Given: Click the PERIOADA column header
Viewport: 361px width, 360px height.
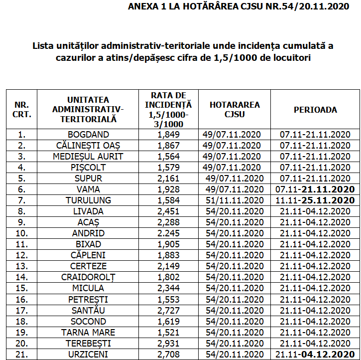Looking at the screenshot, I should pos(315,110).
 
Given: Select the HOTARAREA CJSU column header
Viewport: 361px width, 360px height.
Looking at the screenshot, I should pos(235,110).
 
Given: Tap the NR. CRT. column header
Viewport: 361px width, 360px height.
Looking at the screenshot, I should pos(21,110).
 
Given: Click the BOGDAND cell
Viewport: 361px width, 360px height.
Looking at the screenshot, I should pos(88,135).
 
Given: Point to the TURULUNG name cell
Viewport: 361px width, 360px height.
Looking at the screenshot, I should pos(88,200).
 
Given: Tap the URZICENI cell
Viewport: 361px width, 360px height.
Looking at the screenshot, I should pos(88,355).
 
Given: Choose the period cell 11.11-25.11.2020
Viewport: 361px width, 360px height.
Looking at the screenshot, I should pos(315,200).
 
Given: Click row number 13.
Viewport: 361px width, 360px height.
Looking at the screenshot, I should pos(21,266).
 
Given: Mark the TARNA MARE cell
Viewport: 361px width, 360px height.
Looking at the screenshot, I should pos(88,333).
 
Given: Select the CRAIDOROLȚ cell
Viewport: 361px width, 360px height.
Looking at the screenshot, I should pos(88,277).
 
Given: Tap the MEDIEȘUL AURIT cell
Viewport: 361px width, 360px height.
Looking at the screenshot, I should pos(88,157).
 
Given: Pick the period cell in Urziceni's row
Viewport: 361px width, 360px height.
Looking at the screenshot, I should pos(315,355).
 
